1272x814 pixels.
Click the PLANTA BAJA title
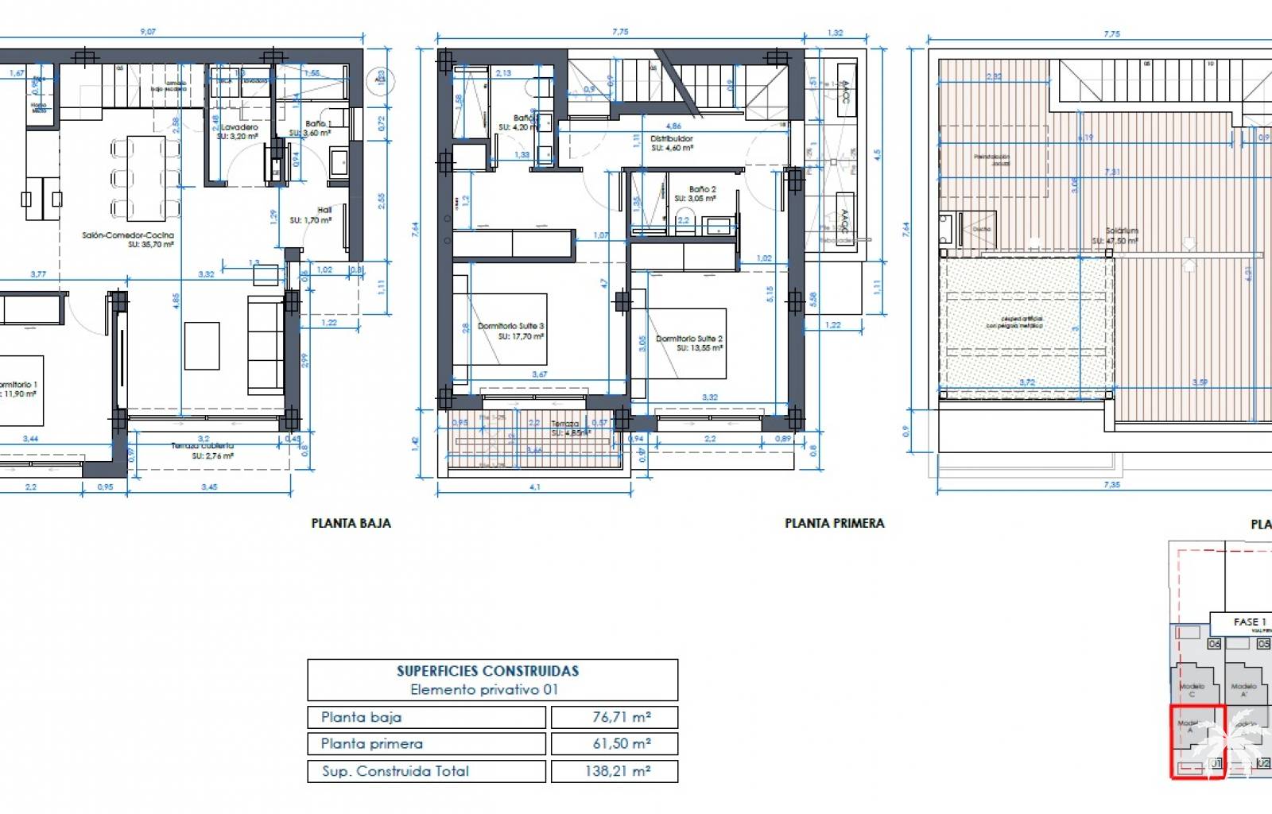[x=351, y=523]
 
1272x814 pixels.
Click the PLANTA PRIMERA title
[x=834, y=523]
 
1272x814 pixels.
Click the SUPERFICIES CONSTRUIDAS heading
[x=487, y=671]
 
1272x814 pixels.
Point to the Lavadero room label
[x=239, y=127]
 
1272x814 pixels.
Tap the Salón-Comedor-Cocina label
[x=127, y=235]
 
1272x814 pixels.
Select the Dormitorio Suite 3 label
[x=510, y=326]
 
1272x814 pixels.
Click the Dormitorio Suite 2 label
[x=688, y=339]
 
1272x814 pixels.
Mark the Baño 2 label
[x=702, y=189]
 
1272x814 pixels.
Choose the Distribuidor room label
[x=672, y=138]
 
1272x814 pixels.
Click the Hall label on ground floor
[x=324, y=210]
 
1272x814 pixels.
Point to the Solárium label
[x=1121, y=231]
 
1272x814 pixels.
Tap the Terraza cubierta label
[x=203, y=446]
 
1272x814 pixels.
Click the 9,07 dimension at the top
[x=148, y=32]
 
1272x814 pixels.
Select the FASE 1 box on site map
[x=1245, y=622]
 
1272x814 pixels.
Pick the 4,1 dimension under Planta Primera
[x=534, y=487]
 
